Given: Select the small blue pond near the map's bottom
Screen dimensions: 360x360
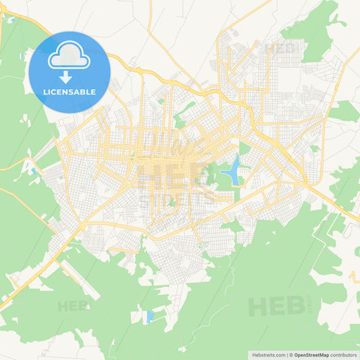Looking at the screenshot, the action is tap(150, 315).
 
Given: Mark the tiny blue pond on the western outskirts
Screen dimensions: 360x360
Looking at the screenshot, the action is tap(32, 170).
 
